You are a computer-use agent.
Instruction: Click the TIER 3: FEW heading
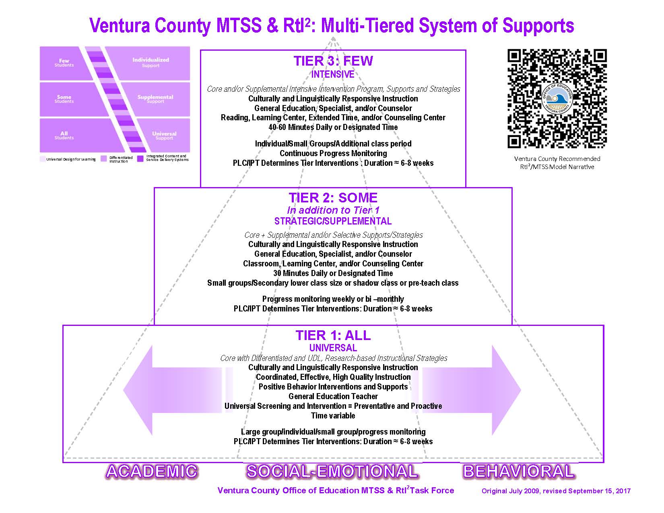[x=333, y=61]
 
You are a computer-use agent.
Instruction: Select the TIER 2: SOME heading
[x=333, y=198]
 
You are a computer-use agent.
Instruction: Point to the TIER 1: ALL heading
[x=333, y=336]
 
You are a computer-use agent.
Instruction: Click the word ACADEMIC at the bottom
[x=152, y=472]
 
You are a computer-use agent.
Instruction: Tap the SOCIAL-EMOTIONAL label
[x=332, y=472]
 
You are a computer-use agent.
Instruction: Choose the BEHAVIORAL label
[x=519, y=472]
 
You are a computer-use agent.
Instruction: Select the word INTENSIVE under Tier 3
[x=333, y=74]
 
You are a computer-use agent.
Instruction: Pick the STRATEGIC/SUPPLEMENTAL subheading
[x=333, y=221]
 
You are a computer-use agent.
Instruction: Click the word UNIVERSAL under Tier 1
[x=333, y=348]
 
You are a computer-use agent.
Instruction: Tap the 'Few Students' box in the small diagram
[x=64, y=63]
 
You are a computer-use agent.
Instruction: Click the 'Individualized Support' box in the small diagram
[x=151, y=62]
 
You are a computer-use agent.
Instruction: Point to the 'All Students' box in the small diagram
[x=64, y=135]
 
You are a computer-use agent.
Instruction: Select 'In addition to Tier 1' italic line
[x=333, y=210]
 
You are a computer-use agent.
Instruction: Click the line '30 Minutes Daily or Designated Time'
[x=333, y=273]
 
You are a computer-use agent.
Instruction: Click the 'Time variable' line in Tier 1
[x=333, y=416]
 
